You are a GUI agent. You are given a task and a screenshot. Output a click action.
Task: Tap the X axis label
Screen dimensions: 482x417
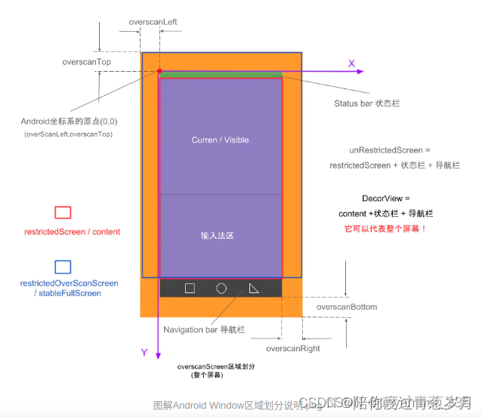point(351,63)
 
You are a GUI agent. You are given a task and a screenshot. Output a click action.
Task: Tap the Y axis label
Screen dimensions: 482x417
point(144,352)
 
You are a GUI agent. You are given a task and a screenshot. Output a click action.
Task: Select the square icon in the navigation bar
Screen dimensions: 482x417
point(190,288)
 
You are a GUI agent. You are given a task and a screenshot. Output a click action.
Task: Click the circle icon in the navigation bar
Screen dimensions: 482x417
point(221,288)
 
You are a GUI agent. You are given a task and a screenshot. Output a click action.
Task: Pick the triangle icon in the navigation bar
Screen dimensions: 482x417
point(253,288)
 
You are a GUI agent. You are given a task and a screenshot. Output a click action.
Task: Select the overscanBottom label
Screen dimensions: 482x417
point(347,307)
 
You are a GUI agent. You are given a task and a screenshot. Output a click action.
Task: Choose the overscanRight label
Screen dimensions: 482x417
point(293,348)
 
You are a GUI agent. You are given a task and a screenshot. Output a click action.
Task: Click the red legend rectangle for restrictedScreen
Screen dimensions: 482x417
point(63,213)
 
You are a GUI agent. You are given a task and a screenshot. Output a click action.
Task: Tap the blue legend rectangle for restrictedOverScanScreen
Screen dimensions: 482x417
point(63,267)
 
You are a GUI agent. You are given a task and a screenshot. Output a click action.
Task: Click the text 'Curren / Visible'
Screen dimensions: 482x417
point(220,140)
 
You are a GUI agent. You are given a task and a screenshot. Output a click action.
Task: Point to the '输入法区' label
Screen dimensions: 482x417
point(220,236)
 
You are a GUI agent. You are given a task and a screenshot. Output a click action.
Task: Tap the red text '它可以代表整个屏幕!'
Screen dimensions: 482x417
point(386,228)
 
